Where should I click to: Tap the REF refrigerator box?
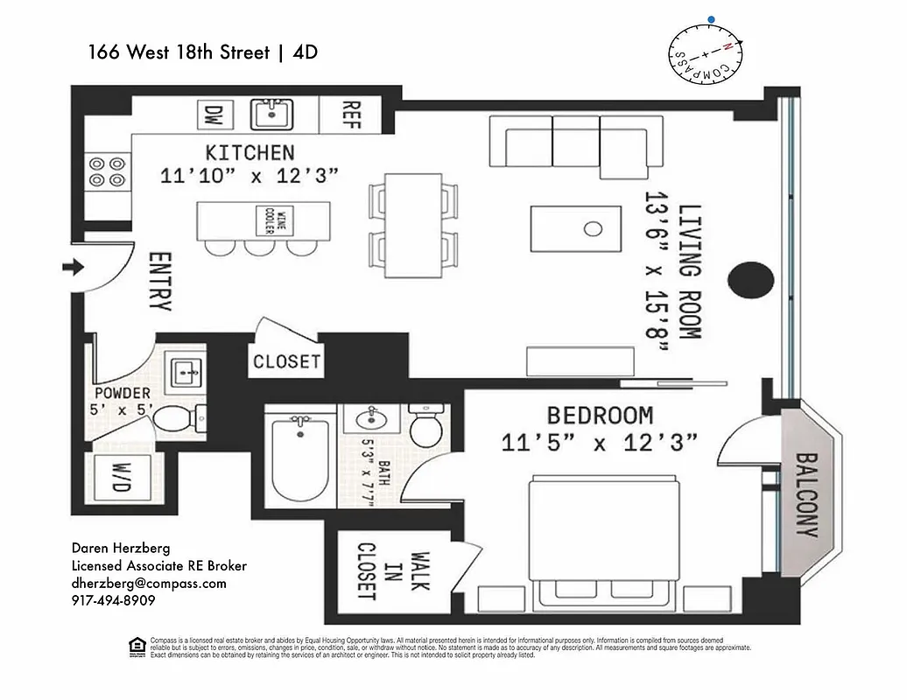(351, 114)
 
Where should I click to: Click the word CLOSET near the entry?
(286, 360)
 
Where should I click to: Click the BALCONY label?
(805, 493)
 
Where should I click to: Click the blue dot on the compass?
(713, 17)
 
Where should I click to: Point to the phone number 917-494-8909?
(114, 601)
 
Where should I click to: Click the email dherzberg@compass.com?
(149, 584)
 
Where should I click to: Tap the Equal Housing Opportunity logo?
(136, 647)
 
